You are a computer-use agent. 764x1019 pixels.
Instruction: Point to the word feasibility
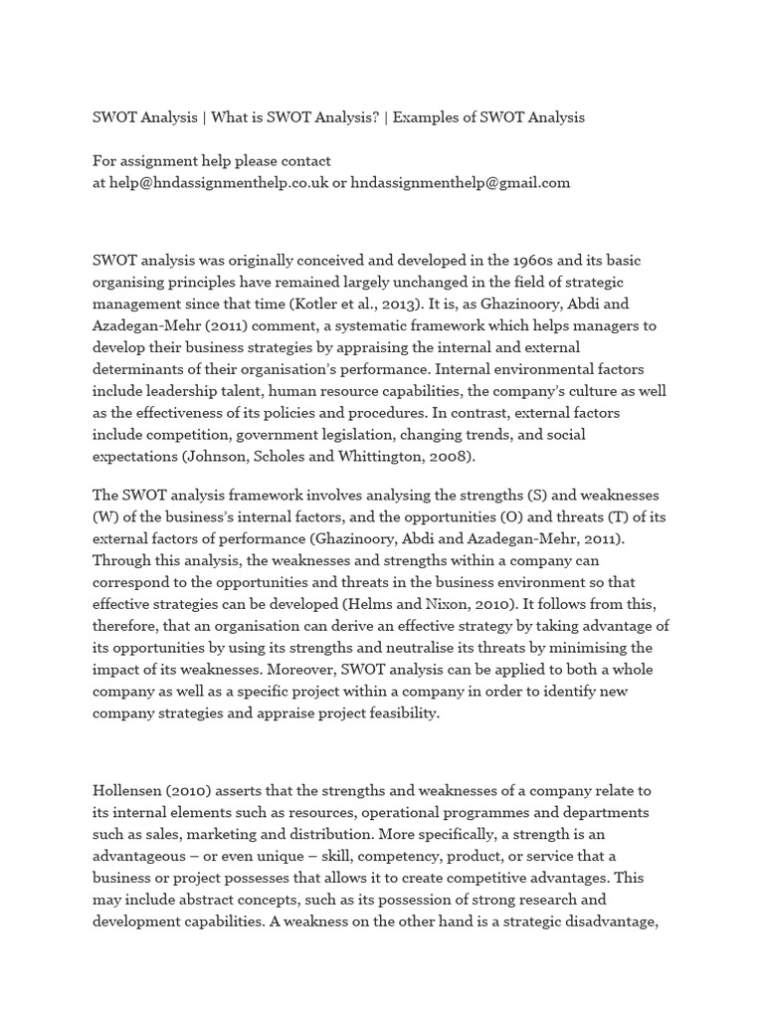click(x=396, y=713)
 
